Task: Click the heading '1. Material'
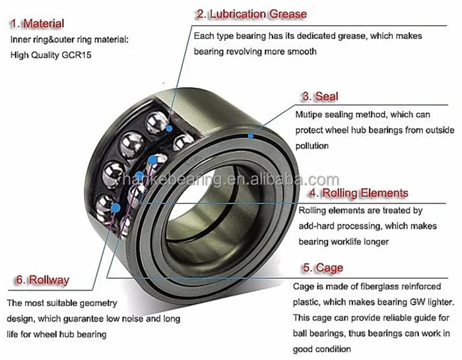click(x=37, y=24)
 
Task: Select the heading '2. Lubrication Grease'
click(x=250, y=13)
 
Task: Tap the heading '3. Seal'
click(x=320, y=96)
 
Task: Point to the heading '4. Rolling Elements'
click(x=359, y=193)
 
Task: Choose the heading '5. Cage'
click(x=323, y=268)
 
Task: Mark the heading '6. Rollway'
click(x=41, y=279)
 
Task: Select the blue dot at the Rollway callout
click(x=116, y=207)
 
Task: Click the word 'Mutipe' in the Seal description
click(x=311, y=114)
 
